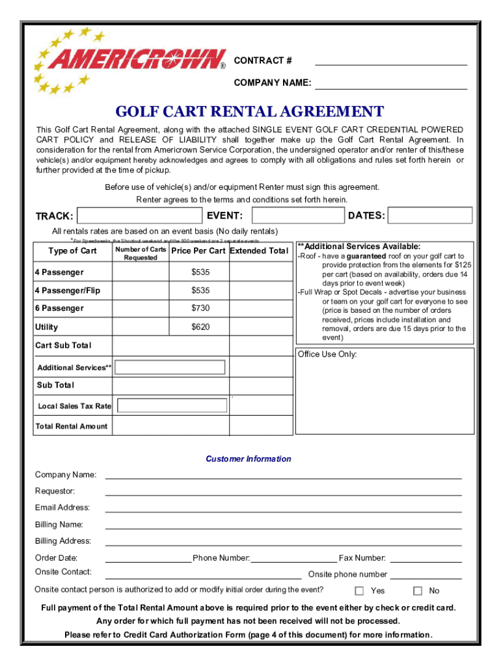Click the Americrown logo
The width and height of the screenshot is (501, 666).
(x=130, y=60)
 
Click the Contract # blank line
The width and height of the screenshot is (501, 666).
(x=391, y=60)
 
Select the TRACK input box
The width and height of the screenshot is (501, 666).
(x=139, y=215)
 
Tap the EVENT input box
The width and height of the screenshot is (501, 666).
(x=297, y=215)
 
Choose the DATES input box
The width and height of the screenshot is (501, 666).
(x=430, y=215)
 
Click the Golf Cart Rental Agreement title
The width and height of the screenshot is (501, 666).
(x=250, y=112)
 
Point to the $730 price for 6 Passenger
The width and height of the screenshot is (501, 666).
(x=200, y=308)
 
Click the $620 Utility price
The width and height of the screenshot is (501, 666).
(x=200, y=327)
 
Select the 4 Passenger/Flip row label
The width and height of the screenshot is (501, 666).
(x=68, y=290)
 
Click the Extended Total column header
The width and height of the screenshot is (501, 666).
(x=259, y=251)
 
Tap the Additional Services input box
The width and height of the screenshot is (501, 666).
(x=170, y=367)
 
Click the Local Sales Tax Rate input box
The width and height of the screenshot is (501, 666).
(x=172, y=406)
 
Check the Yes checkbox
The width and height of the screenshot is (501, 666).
(x=359, y=591)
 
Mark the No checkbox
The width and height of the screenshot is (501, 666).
(x=418, y=591)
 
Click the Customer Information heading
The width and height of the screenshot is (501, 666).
(x=249, y=459)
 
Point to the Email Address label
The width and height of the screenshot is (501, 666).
(x=62, y=508)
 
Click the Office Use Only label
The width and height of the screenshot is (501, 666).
(x=327, y=354)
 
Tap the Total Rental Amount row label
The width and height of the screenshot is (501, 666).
(x=72, y=427)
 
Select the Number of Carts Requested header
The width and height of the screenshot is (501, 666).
(x=141, y=254)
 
